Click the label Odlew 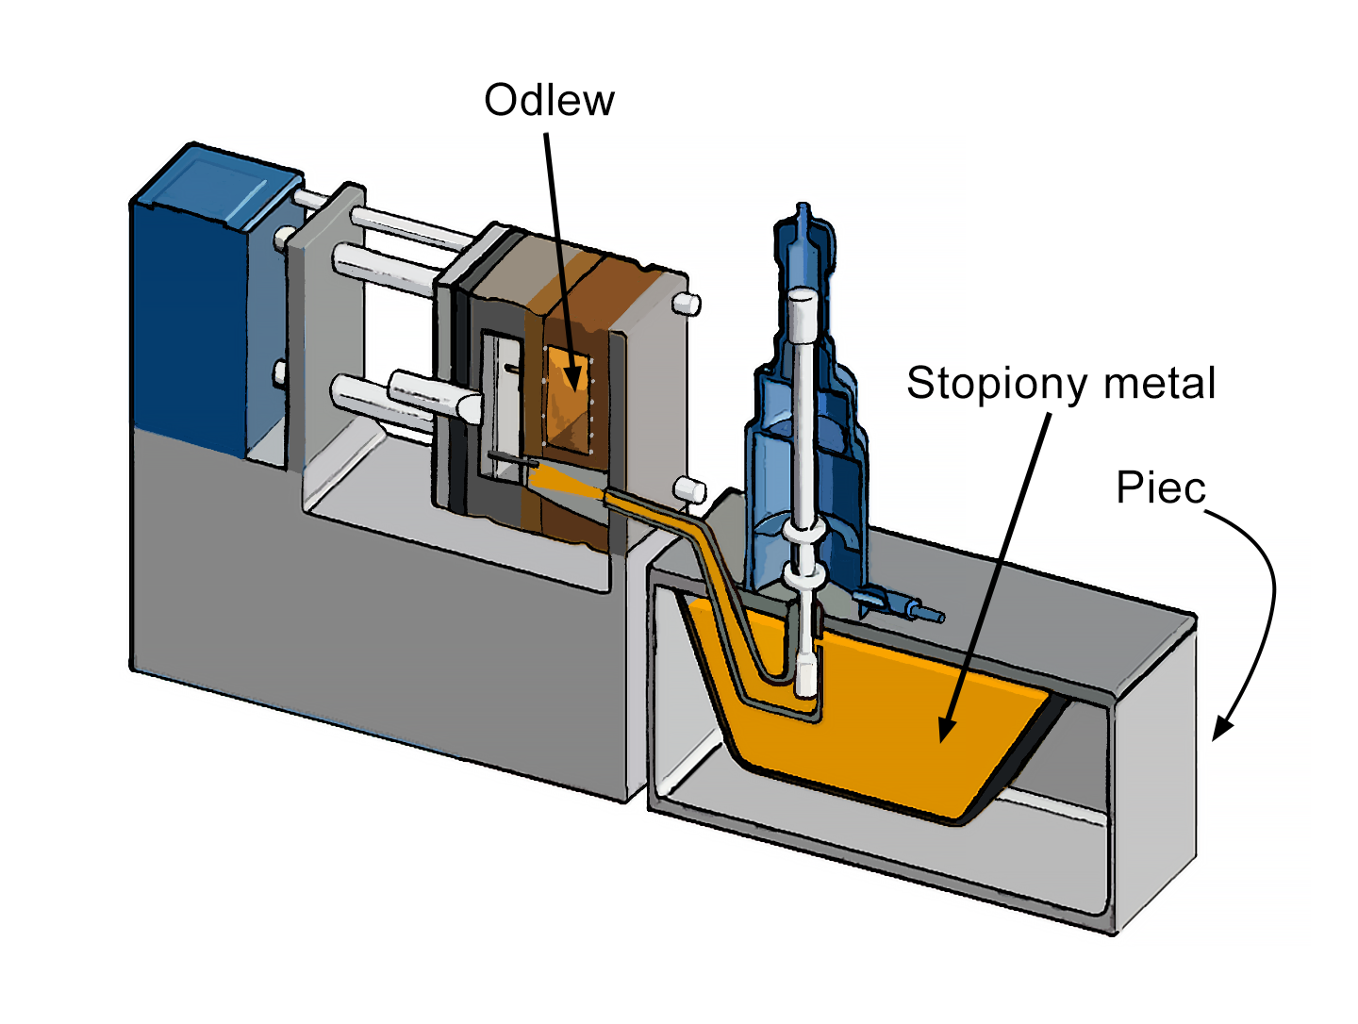coord(549,100)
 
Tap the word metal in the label coord(1160,384)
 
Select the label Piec coord(1161,488)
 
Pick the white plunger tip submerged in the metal coord(806,675)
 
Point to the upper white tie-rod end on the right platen coord(687,304)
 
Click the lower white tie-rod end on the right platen coord(691,490)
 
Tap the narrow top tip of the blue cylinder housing coord(803,213)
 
